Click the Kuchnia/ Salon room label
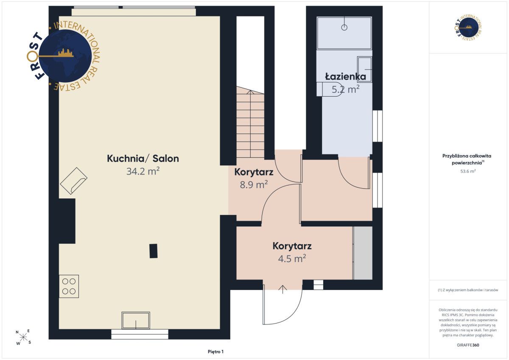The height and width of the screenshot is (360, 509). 143,159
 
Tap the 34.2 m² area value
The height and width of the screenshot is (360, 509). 143,171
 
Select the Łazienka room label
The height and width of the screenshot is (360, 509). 345,77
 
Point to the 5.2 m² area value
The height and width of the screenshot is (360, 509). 345,89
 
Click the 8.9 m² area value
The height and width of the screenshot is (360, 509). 254,184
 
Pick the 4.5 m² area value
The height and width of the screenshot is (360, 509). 292,259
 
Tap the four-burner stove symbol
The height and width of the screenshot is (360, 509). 69,286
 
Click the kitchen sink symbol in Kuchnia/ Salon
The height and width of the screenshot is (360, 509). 136,321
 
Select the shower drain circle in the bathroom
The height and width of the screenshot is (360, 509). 344,28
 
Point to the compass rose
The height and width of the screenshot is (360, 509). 23,337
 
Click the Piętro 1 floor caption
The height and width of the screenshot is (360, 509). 215,352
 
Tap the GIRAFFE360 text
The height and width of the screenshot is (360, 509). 468,345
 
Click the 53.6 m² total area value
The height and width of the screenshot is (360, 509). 468,171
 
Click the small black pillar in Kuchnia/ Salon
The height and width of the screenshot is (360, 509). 154,251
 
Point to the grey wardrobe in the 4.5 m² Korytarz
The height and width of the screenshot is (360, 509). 363,253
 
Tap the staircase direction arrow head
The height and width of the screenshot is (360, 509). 250,92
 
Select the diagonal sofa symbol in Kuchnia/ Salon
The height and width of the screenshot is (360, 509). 73,181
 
